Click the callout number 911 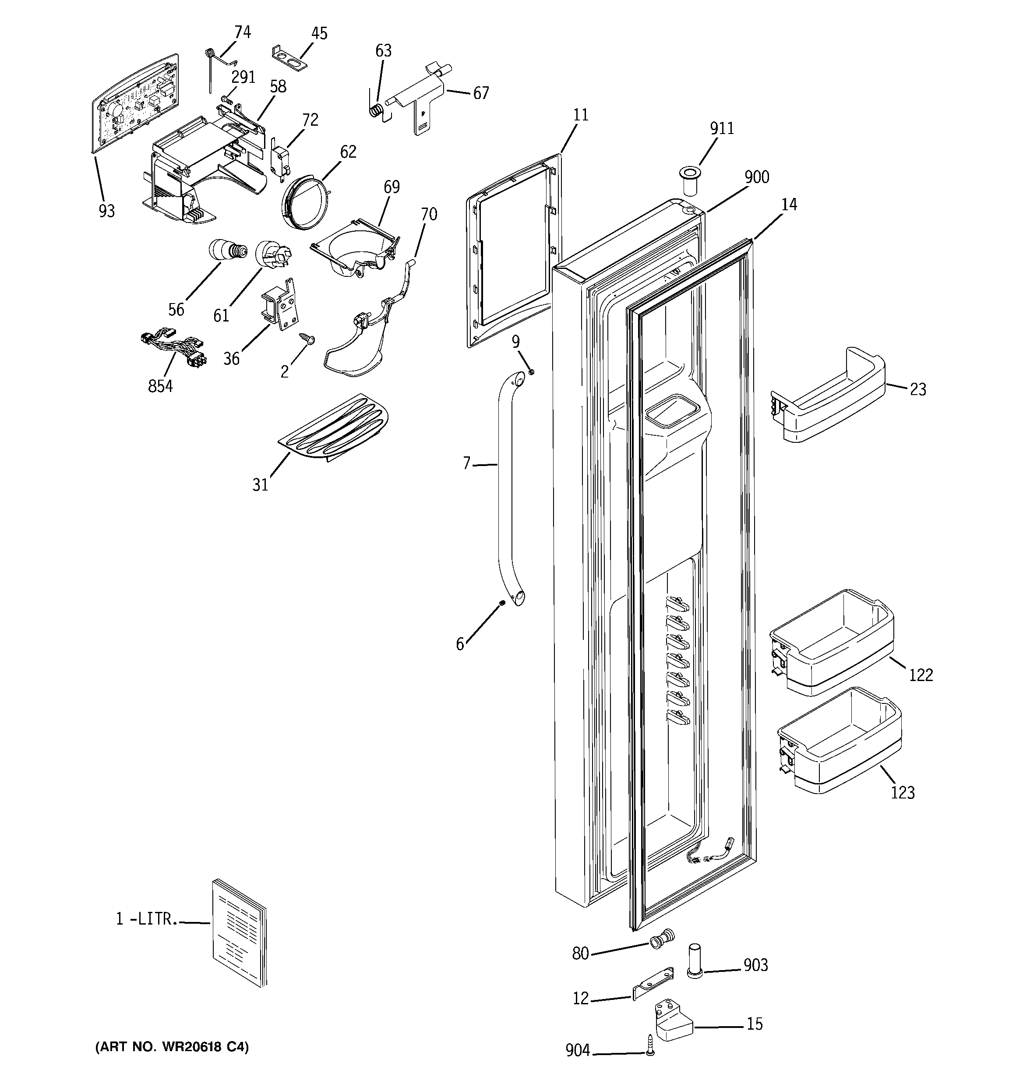[722, 129]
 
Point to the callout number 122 [921, 675]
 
